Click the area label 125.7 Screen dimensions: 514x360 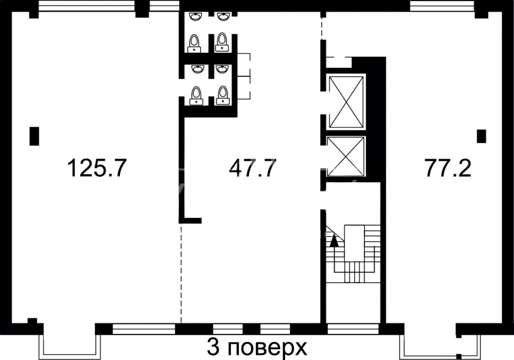click(97, 168)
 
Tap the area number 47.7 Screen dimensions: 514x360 click(253, 168)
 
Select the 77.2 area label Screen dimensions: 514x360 click(448, 168)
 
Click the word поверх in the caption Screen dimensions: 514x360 click(267, 348)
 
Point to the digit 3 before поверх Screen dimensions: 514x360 click(213, 346)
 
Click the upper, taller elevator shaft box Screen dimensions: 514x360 click(346, 102)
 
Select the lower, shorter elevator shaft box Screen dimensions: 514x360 click(346, 156)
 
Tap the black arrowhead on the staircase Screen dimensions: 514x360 click(334, 240)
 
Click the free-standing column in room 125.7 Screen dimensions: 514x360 click(34, 136)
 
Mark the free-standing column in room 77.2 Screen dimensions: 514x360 click(481, 136)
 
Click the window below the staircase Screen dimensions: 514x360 click(353, 329)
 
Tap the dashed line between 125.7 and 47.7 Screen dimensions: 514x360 click(181, 273)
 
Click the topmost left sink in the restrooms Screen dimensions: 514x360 click(195, 17)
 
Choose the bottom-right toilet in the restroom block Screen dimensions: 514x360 click(222, 96)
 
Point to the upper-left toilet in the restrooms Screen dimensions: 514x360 click(194, 44)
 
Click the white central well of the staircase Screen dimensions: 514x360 click(354, 243)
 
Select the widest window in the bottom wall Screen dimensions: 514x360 click(144, 329)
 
